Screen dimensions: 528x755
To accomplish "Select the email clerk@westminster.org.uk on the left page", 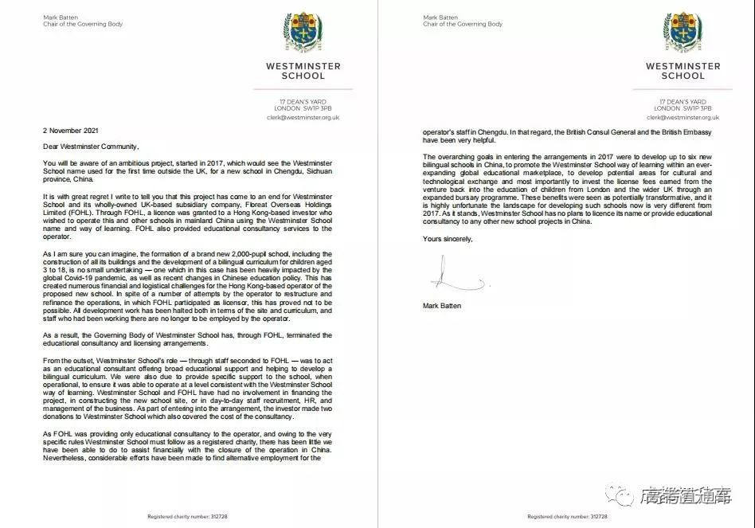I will (x=303, y=116).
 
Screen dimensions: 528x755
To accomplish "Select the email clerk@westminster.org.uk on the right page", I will (x=682, y=116).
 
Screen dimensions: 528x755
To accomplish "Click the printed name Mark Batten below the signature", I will (x=442, y=305).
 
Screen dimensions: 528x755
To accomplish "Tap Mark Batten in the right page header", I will (x=439, y=17).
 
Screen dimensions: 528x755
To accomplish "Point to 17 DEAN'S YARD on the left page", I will (x=303, y=102).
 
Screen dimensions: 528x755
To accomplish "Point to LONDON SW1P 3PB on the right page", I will (x=682, y=108).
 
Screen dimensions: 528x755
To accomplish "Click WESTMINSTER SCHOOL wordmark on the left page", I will (x=303, y=71).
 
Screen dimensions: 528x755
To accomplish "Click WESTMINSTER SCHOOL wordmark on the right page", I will (x=682, y=71).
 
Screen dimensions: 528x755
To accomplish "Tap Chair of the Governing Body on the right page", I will (x=463, y=25).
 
